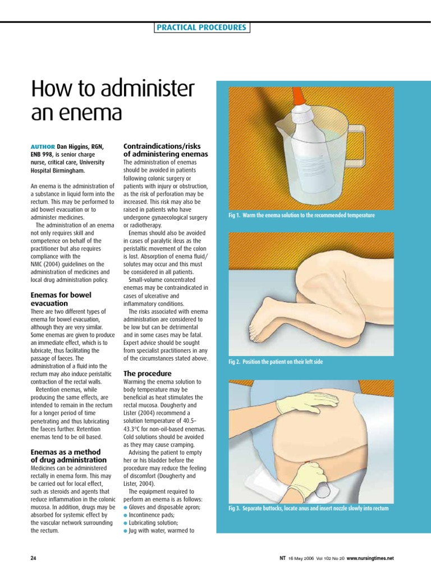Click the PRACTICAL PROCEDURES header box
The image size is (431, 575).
[202, 28]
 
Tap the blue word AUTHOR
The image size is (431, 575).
[42, 147]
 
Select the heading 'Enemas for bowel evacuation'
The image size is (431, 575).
[61, 298]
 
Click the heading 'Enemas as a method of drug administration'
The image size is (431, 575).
[68, 456]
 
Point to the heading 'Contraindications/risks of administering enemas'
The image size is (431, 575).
[165, 150]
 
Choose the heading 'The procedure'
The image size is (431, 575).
[147, 373]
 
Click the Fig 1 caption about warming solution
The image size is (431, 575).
[301, 216]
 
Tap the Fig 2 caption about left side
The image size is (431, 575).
[275, 362]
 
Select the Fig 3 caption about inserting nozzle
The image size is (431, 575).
[308, 508]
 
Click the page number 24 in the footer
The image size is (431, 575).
[33, 558]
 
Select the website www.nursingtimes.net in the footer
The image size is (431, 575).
[370, 558]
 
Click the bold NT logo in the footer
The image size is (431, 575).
[282, 558]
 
